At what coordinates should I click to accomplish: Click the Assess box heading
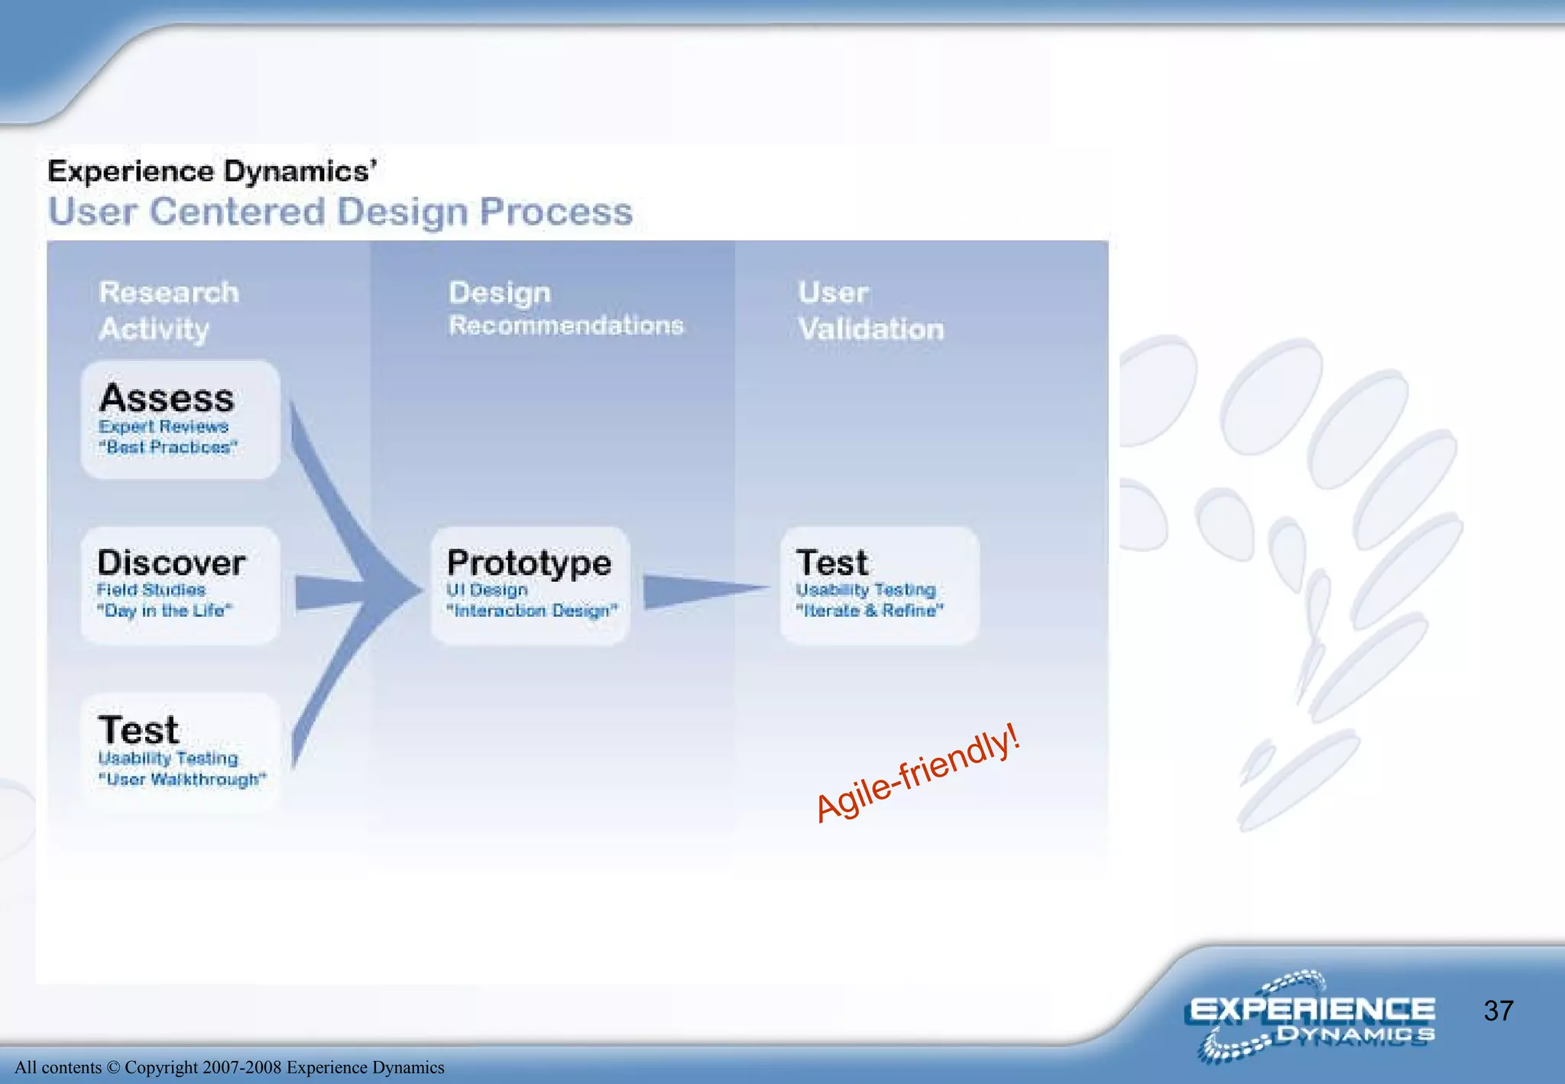[167, 398]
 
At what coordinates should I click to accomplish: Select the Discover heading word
[171, 563]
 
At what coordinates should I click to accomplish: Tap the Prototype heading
[529, 563]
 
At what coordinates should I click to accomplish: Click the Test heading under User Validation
[831, 563]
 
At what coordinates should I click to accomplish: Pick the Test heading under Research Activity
[138, 730]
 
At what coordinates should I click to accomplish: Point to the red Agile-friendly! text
[917, 774]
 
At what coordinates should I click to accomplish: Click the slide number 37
[1498, 1011]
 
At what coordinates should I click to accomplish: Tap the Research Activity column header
[168, 310]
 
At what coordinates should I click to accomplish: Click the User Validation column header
[870, 310]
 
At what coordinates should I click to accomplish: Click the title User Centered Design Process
[340, 212]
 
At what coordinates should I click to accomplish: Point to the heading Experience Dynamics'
[212, 171]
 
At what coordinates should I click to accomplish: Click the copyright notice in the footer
[229, 1067]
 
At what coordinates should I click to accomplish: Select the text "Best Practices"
[168, 447]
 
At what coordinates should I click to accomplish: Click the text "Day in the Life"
[164, 611]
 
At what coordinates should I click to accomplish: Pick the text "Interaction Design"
[532, 611]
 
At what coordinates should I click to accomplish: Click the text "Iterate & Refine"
[870, 611]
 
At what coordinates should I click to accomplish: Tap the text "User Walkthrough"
[182, 780]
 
